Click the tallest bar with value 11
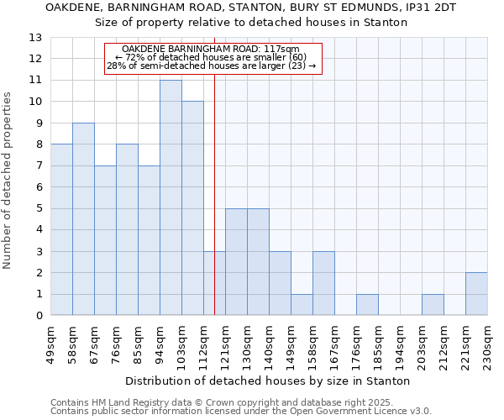pyautogui.click(x=171, y=197)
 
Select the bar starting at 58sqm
pyautogui.click(x=83, y=219)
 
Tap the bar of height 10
pyautogui.click(x=192, y=208)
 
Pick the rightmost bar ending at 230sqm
pyautogui.click(x=476, y=294)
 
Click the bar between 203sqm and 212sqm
pyautogui.click(x=433, y=305)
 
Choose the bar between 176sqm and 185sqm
pyautogui.click(x=367, y=305)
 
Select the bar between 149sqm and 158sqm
pyautogui.click(x=302, y=305)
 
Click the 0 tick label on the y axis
pyautogui.click(x=39, y=316)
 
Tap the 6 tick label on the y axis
pyautogui.click(x=39, y=187)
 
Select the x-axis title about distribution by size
pyautogui.click(x=268, y=381)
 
